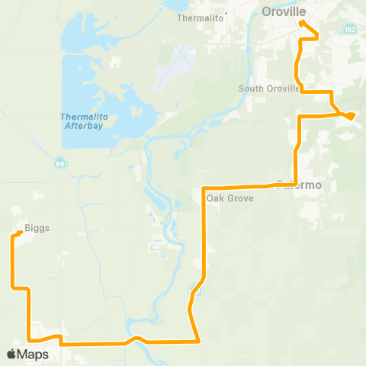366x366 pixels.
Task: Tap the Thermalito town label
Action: pyautogui.click(x=197, y=17)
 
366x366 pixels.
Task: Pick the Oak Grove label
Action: pyautogui.click(x=225, y=197)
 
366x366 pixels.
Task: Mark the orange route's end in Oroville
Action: pyautogui.click(x=302, y=22)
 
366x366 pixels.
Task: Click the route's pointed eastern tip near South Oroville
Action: pyautogui.click(x=352, y=116)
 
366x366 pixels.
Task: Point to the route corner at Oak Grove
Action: pyautogui.click(x=204, y=188)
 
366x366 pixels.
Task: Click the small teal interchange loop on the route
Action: pyautogui.click(x=197, y=289)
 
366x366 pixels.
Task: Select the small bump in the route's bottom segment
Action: pyautogui.click(x=134, y=338)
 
